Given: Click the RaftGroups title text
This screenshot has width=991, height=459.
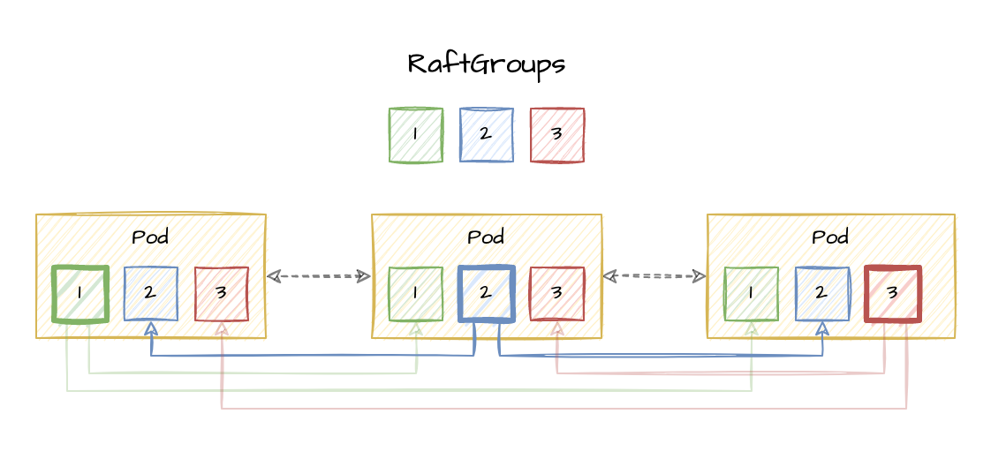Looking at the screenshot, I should point(486,64).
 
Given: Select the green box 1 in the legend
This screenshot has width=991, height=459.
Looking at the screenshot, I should point(415,135).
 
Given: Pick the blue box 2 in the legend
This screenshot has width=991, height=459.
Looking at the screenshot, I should point(486,135).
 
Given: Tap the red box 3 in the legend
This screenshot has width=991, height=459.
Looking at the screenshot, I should point(556,135).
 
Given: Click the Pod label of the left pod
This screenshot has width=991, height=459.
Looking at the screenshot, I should point(150,237).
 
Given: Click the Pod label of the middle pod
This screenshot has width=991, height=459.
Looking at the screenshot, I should point(486,237).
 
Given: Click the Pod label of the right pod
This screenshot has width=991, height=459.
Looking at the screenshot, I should point(830,237).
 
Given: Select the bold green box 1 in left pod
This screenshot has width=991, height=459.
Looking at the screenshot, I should point(80,294).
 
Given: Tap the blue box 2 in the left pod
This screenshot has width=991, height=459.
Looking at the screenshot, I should point(150,294).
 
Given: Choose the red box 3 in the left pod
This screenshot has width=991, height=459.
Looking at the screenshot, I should point(221,294).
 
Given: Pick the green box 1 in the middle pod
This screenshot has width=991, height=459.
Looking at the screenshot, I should point(415,294).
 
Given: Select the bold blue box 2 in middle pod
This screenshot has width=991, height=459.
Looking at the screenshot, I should point(486,294).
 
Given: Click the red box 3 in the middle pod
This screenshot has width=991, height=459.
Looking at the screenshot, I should point(556,294).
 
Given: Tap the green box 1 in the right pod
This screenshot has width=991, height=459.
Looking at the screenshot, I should point(751,294).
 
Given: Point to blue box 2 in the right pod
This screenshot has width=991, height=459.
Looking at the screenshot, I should point(821,294).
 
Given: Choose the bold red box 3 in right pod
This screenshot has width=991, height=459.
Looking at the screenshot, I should point(893,294).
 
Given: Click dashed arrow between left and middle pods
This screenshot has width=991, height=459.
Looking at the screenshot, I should point(319,276).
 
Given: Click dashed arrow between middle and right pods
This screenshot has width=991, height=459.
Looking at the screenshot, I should point(654,276).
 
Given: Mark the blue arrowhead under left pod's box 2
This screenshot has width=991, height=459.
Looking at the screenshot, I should point(151,327).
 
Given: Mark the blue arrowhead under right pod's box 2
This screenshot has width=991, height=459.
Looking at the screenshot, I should point(822,327).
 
